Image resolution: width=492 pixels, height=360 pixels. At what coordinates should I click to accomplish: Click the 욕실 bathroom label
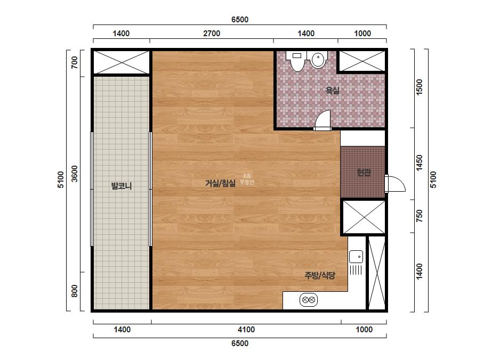pos(333,91)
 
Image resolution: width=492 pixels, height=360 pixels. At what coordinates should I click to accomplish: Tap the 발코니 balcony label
pos(122,186)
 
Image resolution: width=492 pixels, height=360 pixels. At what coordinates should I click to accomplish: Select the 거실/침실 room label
pos(220,183)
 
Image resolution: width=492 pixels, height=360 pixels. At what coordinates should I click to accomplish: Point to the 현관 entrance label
pos(364,172)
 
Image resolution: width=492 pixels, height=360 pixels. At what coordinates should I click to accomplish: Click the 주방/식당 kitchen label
pos(320,275)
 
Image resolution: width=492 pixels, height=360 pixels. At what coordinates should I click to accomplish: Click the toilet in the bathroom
pos(296,61)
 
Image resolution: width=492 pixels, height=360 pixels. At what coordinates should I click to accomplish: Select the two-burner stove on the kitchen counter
pos(309,300)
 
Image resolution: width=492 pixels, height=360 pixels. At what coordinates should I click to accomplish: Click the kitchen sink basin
pos(356,257)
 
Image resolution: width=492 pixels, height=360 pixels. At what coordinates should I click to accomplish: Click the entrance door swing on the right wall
pos(395,183)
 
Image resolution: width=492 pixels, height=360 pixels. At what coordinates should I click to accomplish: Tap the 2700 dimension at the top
pos(212,34)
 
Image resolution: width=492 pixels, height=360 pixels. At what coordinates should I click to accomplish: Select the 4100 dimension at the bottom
pos(246,330)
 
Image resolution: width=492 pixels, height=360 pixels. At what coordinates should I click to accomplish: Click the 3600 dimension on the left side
pos(74,174)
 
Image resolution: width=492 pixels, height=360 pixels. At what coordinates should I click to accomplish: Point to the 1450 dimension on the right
pos(419,163)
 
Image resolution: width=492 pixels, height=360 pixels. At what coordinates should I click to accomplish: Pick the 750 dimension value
pos(419,216)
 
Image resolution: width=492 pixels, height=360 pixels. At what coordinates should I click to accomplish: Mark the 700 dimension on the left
pos(74,62)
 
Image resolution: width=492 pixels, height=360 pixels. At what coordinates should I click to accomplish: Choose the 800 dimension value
pos(74,291)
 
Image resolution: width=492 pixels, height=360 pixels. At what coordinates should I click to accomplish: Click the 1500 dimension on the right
pos(419,87)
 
